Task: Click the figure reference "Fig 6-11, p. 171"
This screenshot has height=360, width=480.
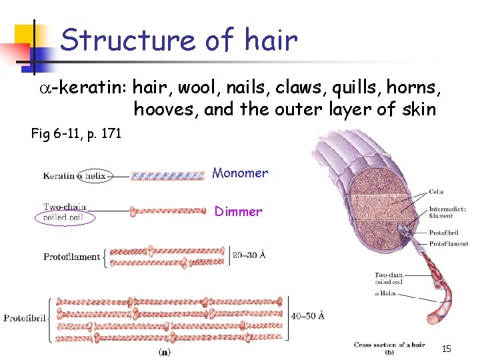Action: [x=76, y=134]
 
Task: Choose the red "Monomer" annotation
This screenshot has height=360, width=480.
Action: [x=240, y=173]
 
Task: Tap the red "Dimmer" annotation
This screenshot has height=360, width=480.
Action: [x=238, y=212]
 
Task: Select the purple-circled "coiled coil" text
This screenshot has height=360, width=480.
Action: [x=64, y=217]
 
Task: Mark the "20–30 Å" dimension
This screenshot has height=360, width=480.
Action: [x=249, y=255]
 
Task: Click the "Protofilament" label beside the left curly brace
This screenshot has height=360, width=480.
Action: [x=71, y=257]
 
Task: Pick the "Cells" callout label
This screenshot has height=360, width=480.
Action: [x=436, y=192]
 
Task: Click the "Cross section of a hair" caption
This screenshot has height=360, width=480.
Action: [x=389, y=345]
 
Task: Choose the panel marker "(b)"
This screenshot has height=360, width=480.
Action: [x=390, y=352]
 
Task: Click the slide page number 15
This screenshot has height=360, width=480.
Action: [x=447, y=349]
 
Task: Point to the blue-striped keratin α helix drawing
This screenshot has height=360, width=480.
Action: [x=167, y=176]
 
